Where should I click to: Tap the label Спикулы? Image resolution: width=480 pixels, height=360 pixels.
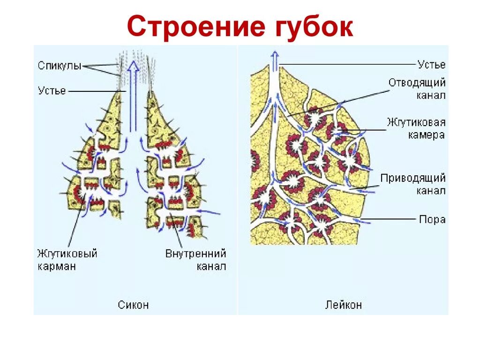point(60,66)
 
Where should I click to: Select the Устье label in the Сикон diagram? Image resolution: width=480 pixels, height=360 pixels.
point(52,90)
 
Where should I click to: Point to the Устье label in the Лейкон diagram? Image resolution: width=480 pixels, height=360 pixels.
point(431,65)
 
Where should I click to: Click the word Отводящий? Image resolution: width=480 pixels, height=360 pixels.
point(417,83)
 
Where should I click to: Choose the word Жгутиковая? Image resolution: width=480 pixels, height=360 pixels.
point(416,123)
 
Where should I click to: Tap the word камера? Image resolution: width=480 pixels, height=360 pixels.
point(426,135)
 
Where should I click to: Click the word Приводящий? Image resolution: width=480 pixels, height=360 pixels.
point(412,179)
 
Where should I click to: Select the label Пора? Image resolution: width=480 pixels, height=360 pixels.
point(432,219)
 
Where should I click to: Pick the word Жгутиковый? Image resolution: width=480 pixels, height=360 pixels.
point(67,254)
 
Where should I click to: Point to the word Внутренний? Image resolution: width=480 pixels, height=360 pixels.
point(195,254)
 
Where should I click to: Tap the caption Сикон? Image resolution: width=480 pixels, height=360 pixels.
point(134,305)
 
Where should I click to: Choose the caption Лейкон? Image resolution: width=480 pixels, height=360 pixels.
point(343,305)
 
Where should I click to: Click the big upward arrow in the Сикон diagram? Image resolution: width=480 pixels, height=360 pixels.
point(134,94)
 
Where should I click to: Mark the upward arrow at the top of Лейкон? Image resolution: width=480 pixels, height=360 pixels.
point(275,59)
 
